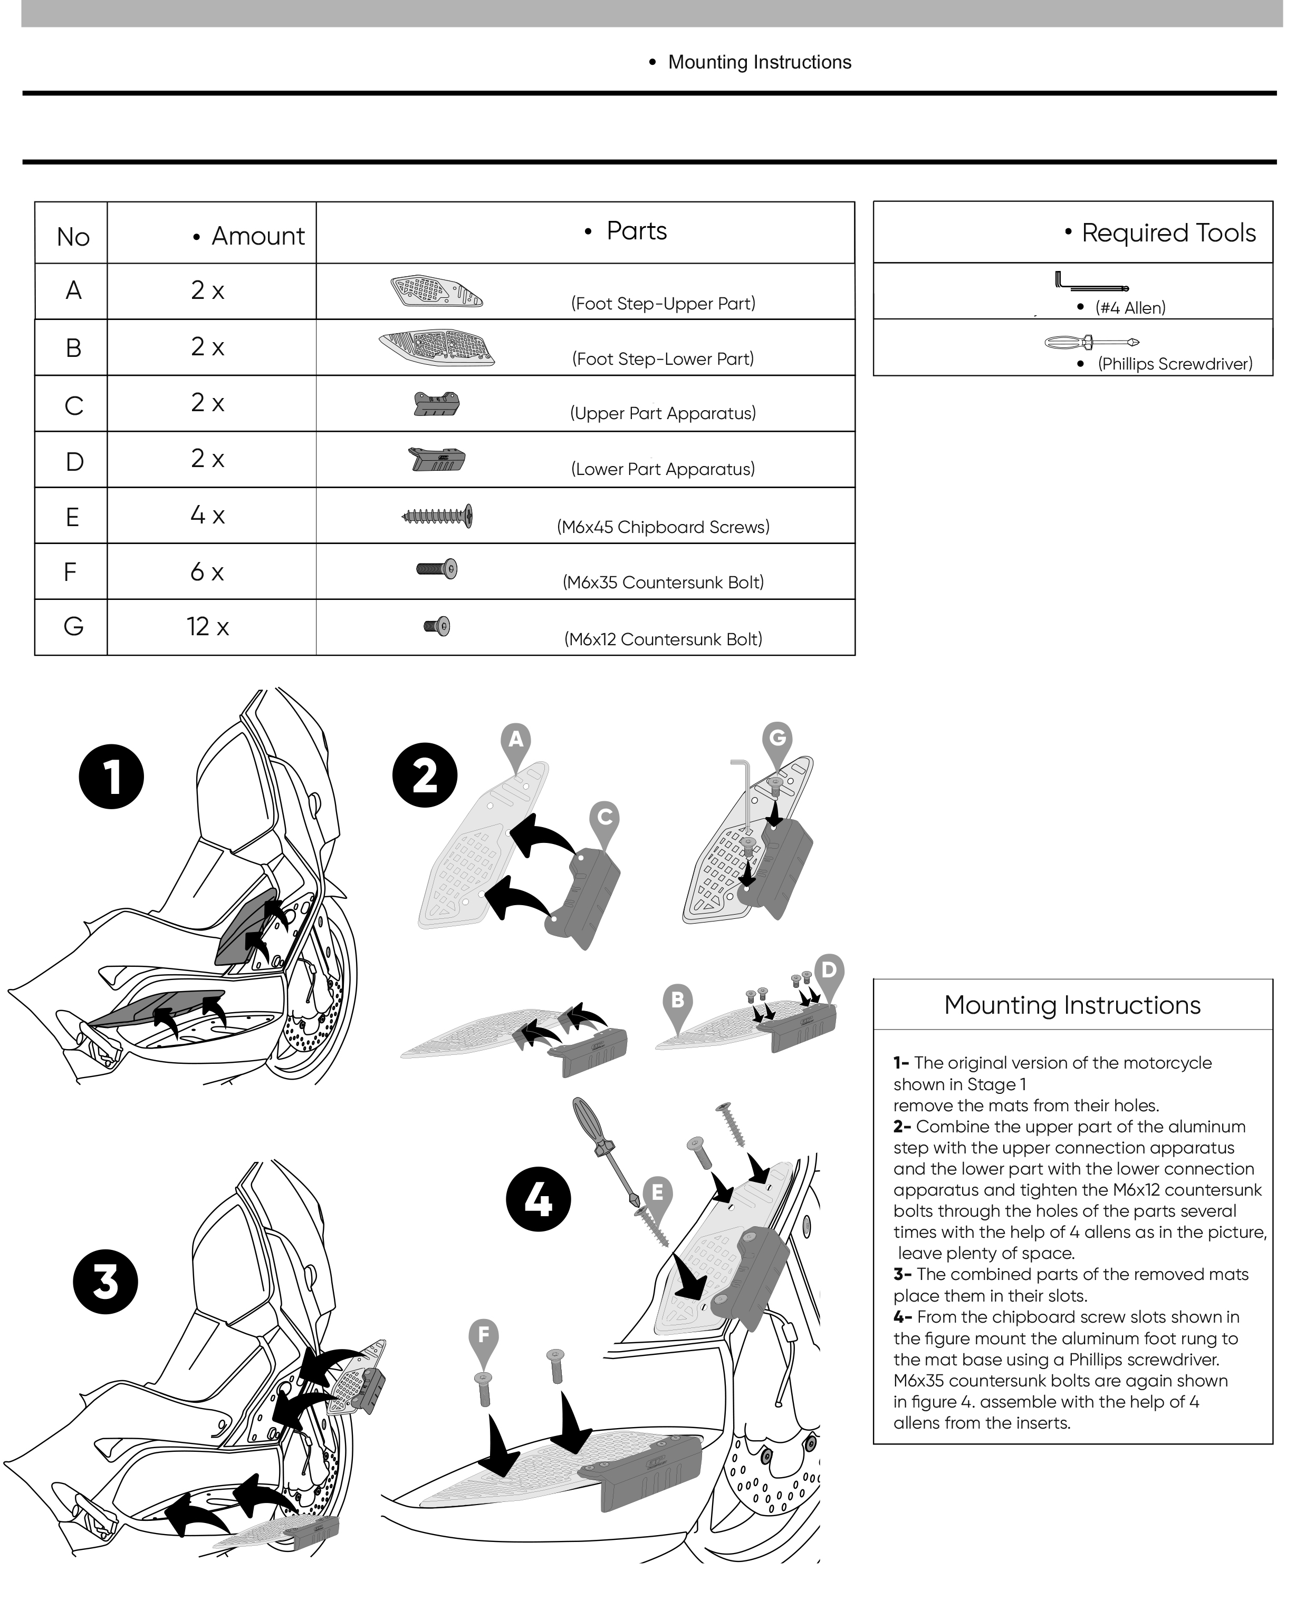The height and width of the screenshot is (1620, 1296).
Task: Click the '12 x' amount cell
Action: (207, 627)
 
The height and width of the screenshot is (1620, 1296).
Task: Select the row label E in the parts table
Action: (72, 517)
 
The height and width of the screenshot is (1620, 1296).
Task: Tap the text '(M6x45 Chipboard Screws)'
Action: (663, 527)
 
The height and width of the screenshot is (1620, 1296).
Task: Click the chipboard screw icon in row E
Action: (437, 516)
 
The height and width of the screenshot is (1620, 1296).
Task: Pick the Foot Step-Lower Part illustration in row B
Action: (437, 347)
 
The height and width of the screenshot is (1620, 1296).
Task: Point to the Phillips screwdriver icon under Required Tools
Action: (1091, 343)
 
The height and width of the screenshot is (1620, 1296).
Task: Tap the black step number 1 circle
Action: (111, 776)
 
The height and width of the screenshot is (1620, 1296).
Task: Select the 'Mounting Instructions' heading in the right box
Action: (1072, 1005)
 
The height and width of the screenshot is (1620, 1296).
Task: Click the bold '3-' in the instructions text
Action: (902, 1274)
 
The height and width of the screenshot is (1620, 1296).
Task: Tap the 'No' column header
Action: (73, 237)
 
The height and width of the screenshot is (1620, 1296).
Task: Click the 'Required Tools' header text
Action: (1167, 233)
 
